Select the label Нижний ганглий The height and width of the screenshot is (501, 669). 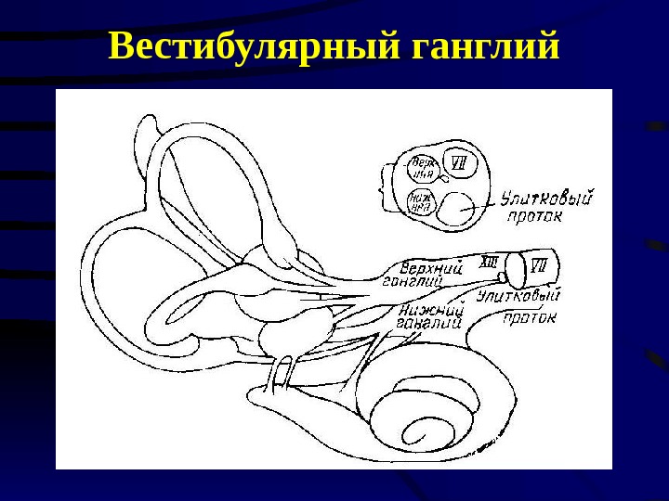pos(429,318)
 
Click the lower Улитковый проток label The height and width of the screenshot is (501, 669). pos(520,306)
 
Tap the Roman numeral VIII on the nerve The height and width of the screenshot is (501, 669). pos(487,263)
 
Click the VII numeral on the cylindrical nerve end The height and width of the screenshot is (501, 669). pos(538,265)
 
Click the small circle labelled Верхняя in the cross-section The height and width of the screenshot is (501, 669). pos(423,169)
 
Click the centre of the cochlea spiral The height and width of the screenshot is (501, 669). pos(423,432)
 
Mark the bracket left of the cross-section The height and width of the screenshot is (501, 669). pos(385,186)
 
